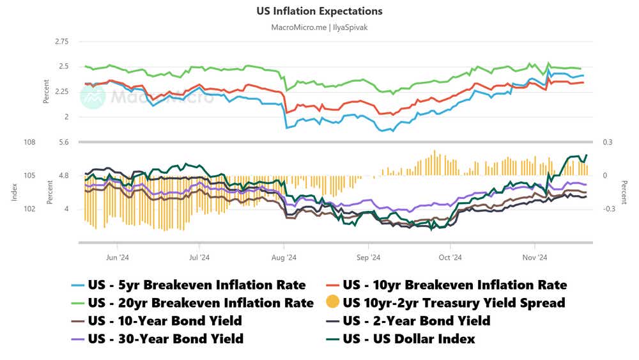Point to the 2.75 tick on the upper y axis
point(61,42)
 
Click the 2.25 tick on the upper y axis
point(61,91)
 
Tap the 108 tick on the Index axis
point(29,142)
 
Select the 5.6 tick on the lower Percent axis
point(62,142)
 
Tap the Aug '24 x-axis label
point(284,258)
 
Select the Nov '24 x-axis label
point(534,258)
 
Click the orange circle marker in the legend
point(332,302)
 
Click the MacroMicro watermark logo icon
point(92,96)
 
